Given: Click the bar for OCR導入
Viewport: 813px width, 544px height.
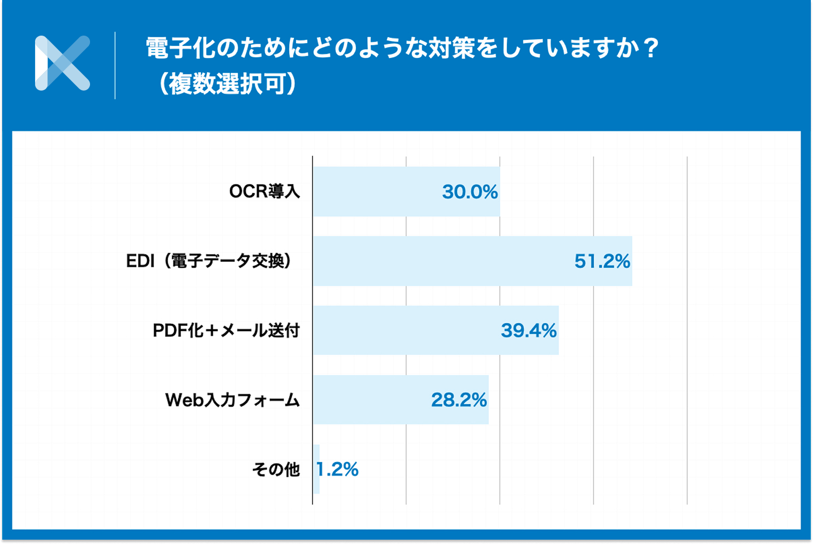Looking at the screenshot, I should pyautogui.click(x=377, y=192).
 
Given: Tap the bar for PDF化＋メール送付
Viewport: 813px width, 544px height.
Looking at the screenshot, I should pyautogui.click(x=404, y=330).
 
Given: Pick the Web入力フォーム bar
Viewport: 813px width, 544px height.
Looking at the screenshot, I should pyautogui.click(x=372, y=400).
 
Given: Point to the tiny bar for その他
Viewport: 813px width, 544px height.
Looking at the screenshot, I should pyautogui.click(x=316, y=469).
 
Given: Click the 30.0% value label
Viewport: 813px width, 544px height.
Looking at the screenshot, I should pyautogui.click(x=470, y=192).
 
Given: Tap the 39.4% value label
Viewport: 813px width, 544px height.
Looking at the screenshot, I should pyautogui.click(x=528, y=331).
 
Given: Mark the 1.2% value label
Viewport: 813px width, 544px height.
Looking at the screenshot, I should pyautogui.click(x=338, y=470).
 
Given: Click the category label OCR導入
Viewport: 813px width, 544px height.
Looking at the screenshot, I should pyautogui.click(x=264, y=192).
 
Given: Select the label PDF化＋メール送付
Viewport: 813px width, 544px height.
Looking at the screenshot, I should pyautogui.click(x=226, y=331).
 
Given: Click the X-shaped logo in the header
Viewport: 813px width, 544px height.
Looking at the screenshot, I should pyautogui.click(x=63, y=63).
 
